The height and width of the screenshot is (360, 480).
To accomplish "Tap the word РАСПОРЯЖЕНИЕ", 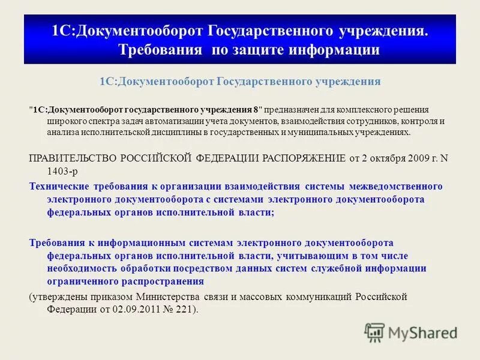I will [304, 158].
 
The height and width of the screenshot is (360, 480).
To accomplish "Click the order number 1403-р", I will [61, 170].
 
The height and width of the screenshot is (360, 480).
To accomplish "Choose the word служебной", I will [341, 268].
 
